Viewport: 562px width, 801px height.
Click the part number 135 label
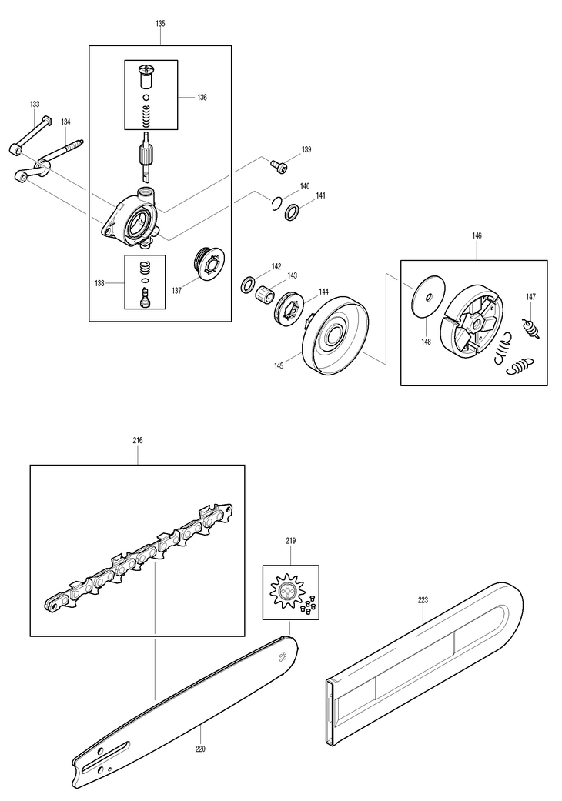pyautogui.click(x=160, y=24)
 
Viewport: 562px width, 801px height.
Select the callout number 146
pyautogui.click(x=477, y=238)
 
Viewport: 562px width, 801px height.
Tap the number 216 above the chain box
pyautogui.click(x=138, y=441)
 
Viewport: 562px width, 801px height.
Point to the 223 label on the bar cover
pyautogui.click(x=422, y=600)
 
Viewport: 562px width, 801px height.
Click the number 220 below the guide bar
pyautogui.click(x=200, y=749)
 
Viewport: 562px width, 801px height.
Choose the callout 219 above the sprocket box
pyautogui.click(x=290, y=541)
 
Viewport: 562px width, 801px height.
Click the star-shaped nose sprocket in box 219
pyautogui.click(x=288, y=592)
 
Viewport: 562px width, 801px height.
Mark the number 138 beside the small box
pyautogui.click(x=99, y=284)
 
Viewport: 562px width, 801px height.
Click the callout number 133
pyautogui.click(x=35, y=104)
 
